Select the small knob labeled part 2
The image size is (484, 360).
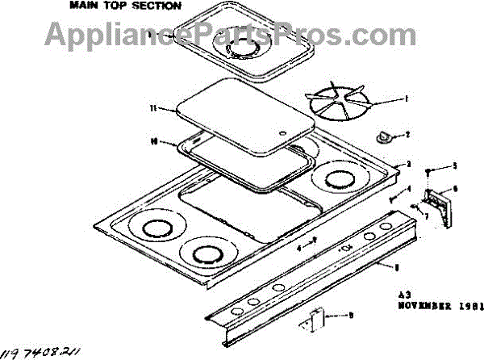[383, 137]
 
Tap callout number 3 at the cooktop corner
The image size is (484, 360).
[409, 164]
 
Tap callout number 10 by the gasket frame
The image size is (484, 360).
[152, 141]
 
